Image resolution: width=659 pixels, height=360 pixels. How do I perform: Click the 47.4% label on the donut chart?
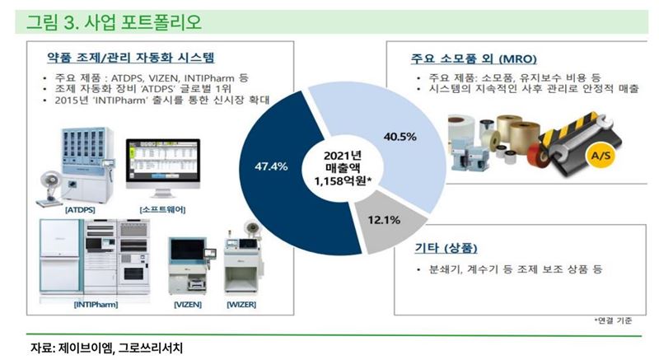coord(271,166)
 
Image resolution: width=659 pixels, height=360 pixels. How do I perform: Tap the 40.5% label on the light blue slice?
coord(400,137)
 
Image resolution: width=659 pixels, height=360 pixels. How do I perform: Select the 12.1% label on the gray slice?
coord(384,220)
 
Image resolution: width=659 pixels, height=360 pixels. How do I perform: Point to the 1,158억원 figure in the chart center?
coord(343,181)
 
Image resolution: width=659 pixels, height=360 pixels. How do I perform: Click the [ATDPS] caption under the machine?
coord(80,209)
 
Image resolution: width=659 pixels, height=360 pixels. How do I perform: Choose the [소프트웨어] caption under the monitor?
coord(162,209)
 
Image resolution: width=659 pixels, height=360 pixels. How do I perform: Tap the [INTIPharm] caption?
coord(96,305)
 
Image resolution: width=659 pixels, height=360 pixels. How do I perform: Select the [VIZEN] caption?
coord(188,305)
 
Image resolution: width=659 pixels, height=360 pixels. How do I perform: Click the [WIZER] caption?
coord(241,305)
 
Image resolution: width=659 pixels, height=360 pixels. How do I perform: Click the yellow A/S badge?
coord(601,156)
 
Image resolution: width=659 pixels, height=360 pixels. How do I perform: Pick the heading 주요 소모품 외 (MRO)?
coord(474,58)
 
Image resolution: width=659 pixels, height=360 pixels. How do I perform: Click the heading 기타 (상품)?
coord(446,248)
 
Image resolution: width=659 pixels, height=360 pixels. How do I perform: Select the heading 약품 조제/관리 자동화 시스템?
coord(131,57)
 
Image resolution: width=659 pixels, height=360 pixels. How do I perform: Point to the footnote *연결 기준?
coord(613,320)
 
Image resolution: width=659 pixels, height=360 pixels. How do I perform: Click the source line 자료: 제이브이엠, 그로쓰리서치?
coord(107,348)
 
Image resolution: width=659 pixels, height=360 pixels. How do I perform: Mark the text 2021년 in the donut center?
coord(343,156)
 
